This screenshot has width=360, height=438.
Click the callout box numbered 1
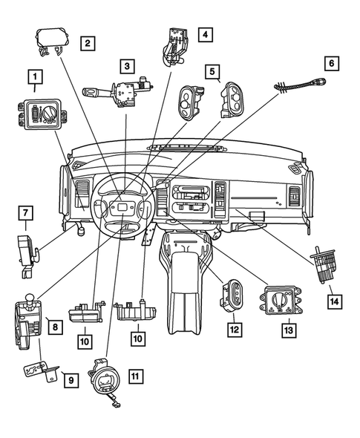click(x=33, y=76)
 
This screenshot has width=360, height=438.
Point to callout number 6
click(x=332, y=62)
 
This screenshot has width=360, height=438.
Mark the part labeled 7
click(x=27, y=249)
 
